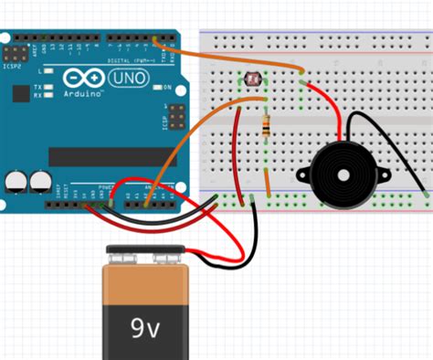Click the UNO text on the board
[128, 79]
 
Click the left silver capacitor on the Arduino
[16, 182]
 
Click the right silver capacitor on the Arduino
[39, 182]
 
